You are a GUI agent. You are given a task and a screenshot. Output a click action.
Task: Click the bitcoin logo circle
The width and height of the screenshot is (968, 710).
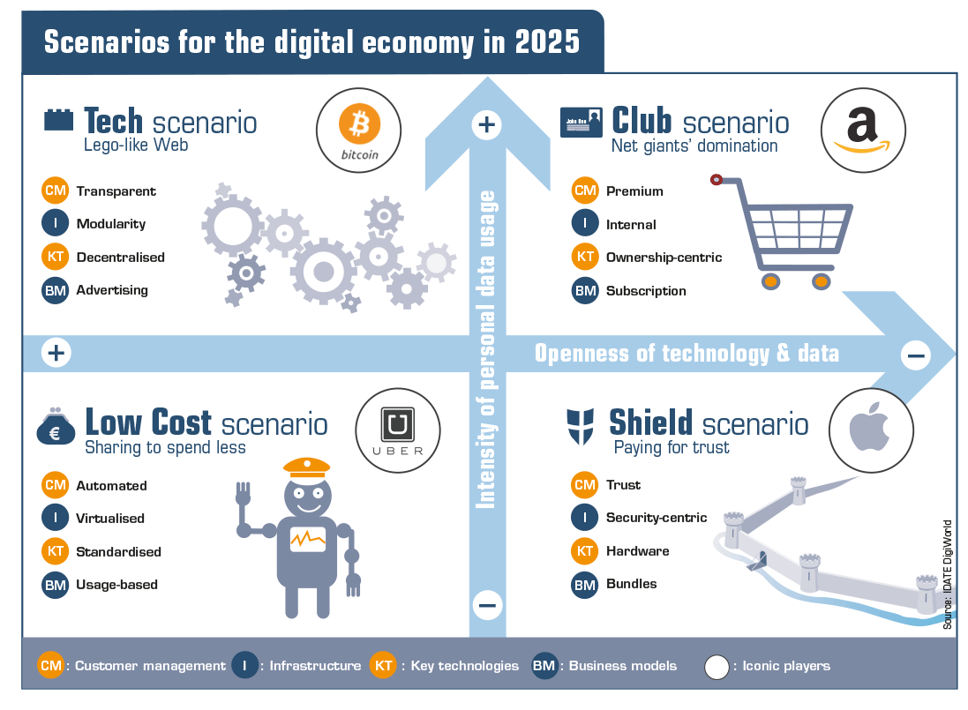coord(358,131)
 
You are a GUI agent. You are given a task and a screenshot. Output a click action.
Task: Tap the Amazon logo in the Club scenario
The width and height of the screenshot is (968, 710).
coord(862,131)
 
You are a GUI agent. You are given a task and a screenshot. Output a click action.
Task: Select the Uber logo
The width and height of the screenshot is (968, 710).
coord(398,430)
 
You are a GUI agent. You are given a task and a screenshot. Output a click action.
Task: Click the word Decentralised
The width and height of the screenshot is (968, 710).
coord(120,258)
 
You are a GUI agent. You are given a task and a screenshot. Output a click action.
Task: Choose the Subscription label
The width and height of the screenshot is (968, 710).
coord(646,290)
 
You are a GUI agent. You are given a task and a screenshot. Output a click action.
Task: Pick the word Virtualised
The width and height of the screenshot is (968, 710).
coord(110,518)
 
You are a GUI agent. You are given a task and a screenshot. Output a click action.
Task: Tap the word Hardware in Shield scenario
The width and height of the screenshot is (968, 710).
coord(638,551)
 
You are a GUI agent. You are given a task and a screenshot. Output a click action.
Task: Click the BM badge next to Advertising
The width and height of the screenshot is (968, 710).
coord(55,290)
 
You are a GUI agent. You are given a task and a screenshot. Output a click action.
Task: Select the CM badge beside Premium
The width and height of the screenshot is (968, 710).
coord(585,191)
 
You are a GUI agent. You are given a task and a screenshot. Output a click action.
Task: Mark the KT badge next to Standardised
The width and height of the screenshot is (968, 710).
coord(55,551)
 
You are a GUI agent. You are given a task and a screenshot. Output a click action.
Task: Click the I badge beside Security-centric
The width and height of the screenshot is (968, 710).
coord(585,518)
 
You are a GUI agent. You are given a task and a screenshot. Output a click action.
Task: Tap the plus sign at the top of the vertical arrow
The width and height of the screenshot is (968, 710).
coord(486,124)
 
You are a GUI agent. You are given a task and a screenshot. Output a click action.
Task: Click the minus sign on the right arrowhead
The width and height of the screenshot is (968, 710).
coord(916,355)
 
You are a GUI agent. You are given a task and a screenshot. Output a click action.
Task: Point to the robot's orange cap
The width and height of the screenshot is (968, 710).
coord(307,467)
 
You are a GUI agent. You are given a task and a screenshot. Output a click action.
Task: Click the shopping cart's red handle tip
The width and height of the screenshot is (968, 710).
coord(717,180)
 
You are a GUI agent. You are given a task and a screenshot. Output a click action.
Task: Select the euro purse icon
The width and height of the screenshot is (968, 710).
coord(55,426)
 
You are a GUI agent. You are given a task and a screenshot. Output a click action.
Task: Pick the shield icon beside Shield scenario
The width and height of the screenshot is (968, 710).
coord(581,426)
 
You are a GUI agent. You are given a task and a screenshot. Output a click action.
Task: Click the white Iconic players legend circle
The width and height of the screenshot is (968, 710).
coord(717,667)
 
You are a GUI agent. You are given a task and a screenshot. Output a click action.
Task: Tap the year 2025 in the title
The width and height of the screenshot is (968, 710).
coord(548,42)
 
